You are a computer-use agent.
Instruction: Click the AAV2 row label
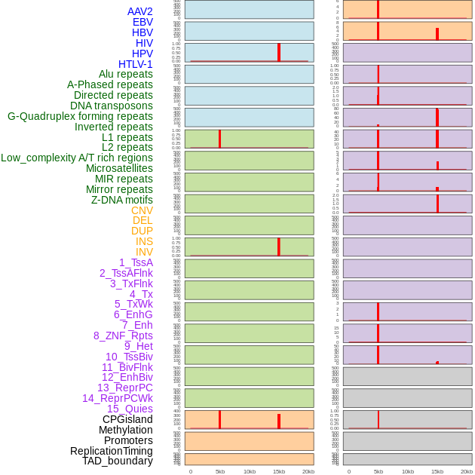[x=139, y=11]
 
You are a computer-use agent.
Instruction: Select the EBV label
[x=142, y=22]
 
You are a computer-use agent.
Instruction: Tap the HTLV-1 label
[x=135, y=64]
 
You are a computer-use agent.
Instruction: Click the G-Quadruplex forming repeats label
[x=80, y=116]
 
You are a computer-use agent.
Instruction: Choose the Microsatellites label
[x=119, y=168]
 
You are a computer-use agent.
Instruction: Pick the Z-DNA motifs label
[x=121, y=200]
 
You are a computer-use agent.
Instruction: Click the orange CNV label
[x=142, y=210]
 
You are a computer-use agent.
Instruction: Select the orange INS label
[x=144, y=241]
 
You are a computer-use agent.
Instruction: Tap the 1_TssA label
[x=136, y=262]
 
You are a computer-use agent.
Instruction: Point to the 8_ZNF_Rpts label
[x=123, y=336]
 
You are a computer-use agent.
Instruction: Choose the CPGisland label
[x=127, y=419]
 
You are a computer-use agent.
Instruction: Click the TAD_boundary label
[x=118, y=461]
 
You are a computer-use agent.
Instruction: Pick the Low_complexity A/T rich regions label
[x=76, y=158]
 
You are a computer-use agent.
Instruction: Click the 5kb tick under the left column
[x=220, y=471]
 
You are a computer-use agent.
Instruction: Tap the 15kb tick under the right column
[x=437, y=471]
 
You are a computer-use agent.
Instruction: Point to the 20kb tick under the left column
[x=308, y=471]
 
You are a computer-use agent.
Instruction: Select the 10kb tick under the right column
[x=408, y=471]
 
